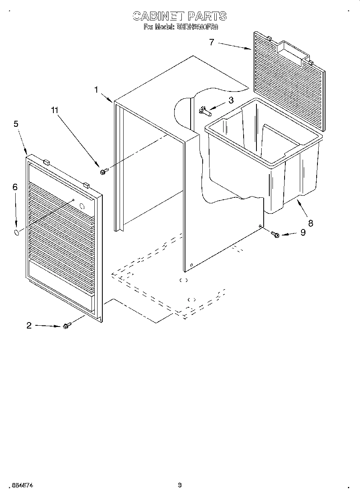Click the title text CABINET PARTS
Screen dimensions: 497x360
(x=179, y=16)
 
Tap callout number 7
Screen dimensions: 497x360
(x=212, y=42)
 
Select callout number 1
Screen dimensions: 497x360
(x=96, y=90)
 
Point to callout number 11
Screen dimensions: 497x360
(x=55, y=110)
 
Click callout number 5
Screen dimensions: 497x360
(x=16, y=124)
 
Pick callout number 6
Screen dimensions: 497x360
(x=15, y=187)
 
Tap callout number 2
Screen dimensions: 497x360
(x=29, y=325)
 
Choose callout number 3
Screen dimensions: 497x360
(x=231, y=100)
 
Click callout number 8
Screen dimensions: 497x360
(x=310, y=223)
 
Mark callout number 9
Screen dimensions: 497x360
(x=303, y=232)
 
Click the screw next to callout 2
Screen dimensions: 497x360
(x=67, y=326)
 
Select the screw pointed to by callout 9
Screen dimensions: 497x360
(x=275, y=234)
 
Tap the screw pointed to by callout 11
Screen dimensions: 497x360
(x=103, y=172)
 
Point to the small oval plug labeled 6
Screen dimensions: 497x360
(x=16, y=233)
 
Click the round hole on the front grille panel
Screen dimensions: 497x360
(x=83, y=207)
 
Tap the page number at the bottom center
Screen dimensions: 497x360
(x=180, y=485)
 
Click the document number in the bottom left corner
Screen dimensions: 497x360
(x=22, y=485)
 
